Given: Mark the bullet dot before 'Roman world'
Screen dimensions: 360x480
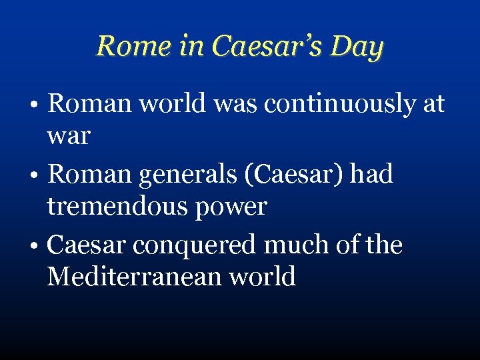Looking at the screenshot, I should tap(39, 105).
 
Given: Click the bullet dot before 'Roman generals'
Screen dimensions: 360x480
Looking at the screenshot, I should tap(39, 176).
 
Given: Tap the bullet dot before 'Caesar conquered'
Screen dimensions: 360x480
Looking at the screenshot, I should tap(39, 247).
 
